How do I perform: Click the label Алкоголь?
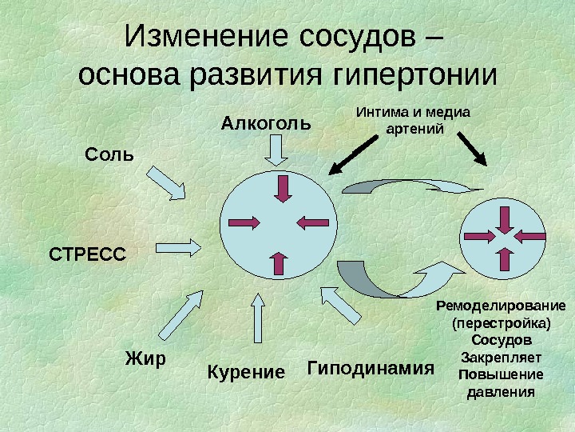point(265,124)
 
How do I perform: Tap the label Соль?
point(110,153)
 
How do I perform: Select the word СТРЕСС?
point(88,254)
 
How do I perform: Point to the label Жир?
point(145,358)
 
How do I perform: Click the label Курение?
point(246,372)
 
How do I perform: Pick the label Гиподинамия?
point(370,368)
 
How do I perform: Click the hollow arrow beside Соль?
point(169,183)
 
